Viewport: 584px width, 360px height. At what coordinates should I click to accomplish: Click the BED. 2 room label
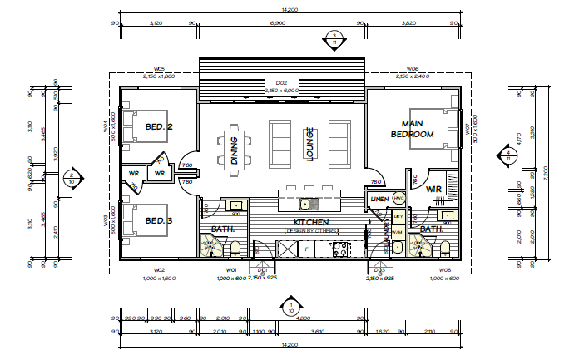coord(158,127)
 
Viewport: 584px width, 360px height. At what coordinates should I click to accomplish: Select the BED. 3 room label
coord(158,220)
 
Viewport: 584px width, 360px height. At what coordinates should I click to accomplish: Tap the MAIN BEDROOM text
coord(413,128)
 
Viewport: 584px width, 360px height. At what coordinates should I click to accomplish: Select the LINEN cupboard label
coord(378,200)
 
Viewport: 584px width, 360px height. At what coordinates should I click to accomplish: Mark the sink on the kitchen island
coord(305,204)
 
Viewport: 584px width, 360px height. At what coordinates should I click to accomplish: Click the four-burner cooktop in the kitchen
coord(342,248)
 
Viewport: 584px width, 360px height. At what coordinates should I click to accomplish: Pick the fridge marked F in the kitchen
coord(306,248)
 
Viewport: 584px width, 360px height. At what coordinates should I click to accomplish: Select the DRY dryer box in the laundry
coord(398,216)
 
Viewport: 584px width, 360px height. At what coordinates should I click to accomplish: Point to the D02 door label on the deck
coord(281,83)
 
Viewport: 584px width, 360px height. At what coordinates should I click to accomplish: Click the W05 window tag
coord(158,69)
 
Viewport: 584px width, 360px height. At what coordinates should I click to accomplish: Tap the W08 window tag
coord(445,270)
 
